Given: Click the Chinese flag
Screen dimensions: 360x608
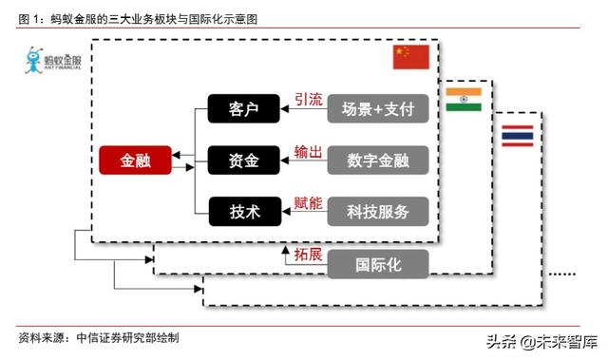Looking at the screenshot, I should click(x=411, y=58).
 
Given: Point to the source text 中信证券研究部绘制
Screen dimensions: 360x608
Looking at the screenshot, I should click(x=127, y=337).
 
